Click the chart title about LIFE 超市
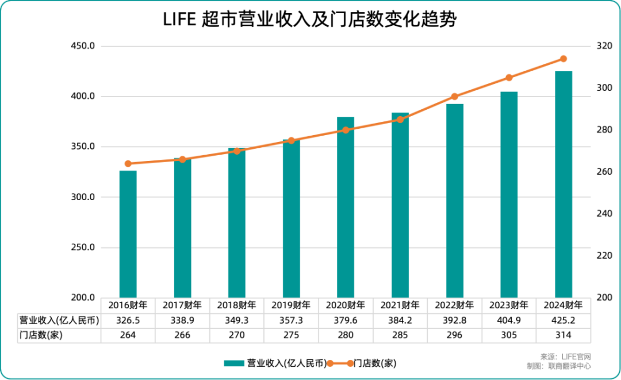tap(310, 20)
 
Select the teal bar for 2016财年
tap(128, 234)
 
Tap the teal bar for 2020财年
tap(346, 207)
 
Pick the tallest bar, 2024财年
tap(563, 184)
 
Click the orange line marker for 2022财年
tap(455, 97)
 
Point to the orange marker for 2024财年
tap(563, 59)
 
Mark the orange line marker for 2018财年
tap(237, 151)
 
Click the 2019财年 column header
tap(291, 305)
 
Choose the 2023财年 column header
tap(509, 305)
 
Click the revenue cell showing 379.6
tap(346, 320)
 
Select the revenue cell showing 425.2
tap(563, 320)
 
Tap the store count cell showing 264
tap(128, 335)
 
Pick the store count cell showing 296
tap(455, 335)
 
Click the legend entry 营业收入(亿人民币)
tap(276, 363)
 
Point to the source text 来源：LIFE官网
tap(566, 356)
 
